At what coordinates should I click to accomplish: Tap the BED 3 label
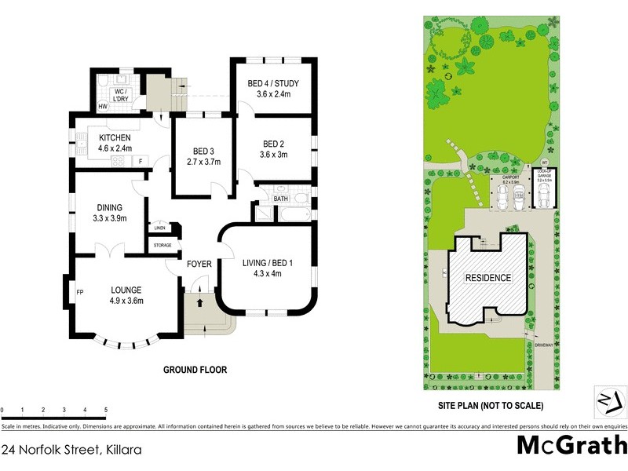pos(203,152)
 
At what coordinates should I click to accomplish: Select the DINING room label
pos(109,208)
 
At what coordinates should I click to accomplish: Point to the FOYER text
pos(199,264)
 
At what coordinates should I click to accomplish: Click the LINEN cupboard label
pos(159,228)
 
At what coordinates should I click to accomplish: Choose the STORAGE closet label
pos(162,246)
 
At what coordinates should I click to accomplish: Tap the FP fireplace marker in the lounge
pos(79,293)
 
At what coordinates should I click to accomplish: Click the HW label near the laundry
pos(102,107)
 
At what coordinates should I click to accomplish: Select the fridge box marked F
pos(141,162)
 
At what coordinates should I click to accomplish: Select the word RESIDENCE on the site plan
pos(488,278)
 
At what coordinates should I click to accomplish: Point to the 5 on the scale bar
pos(105,411)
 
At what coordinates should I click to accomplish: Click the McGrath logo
pos(571,445)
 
